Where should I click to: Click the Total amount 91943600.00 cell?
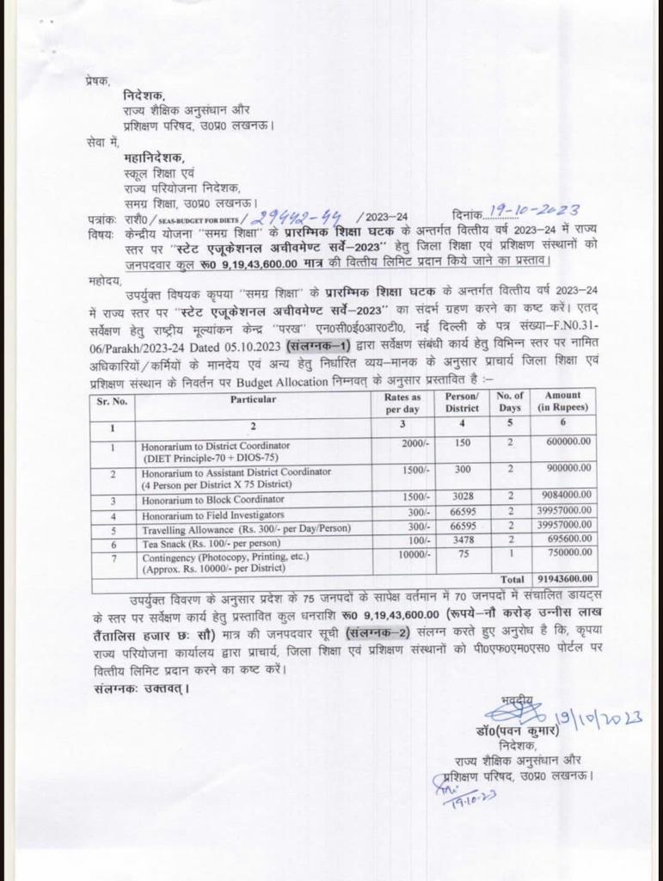click(x=562, y=579)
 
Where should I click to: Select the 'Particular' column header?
click(x=253, y=399)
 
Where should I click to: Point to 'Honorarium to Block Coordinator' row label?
click(x=213, y=500)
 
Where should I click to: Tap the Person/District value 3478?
click(x=462, y=542)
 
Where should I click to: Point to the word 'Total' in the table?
click(x=513, y=579)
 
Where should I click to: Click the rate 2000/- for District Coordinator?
click(x=417, y=445)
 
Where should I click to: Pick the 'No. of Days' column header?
click(x=510, y=404)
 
